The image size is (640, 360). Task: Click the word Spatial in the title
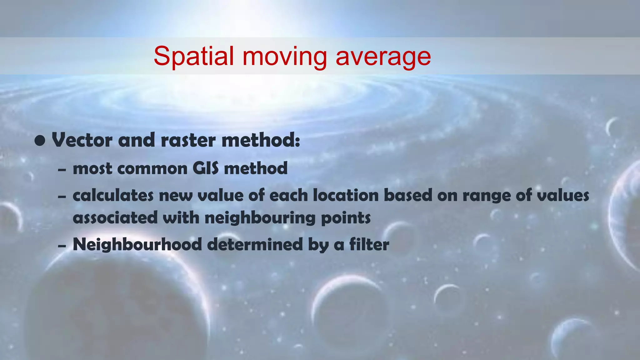(x=193, y=56)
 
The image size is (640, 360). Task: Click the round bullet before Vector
(x=40, y=141)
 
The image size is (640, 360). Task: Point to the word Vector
(x=82, y=140)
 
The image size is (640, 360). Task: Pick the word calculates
(x=113, y=196)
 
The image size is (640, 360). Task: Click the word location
(x=346, y=196)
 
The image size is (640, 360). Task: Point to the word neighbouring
(x=260, y=218)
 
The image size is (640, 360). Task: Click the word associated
(x=115, y=217)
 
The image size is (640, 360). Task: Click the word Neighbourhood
(x=137, y=244)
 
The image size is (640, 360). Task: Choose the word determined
(x=255, y=244)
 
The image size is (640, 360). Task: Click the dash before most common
(x=62, y=170)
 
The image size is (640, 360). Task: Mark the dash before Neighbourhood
(x=62, y=246)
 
